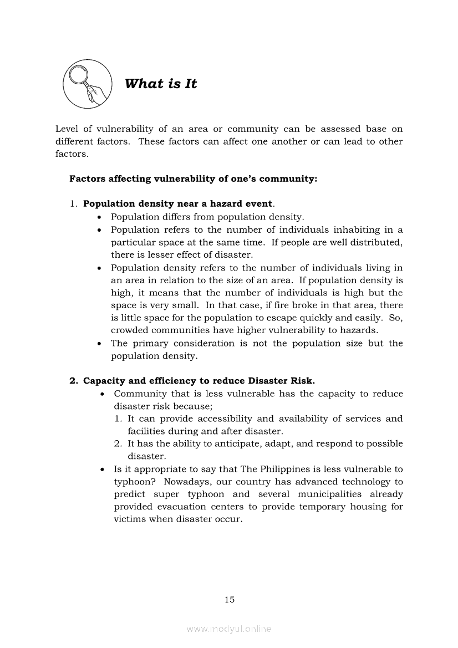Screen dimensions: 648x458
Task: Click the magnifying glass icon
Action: pyautogui.click(x=87, y=84)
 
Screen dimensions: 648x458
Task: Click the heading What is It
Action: pyautogui.click(x=161, y=84)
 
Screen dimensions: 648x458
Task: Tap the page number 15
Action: pyautogui.click(x=230, y=599)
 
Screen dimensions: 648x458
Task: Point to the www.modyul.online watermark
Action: pyautogui.click(x=229, y=629)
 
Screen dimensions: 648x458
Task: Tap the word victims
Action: pyautogui.click(x=129, y=519)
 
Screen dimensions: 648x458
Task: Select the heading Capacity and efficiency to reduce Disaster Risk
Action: pyautogui.click(x=199, y=381)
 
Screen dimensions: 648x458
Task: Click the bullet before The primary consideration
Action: pyautogui.click(x=99, y=344)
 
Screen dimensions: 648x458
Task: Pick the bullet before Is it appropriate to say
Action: pyautogui.click(x=102, y=470)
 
